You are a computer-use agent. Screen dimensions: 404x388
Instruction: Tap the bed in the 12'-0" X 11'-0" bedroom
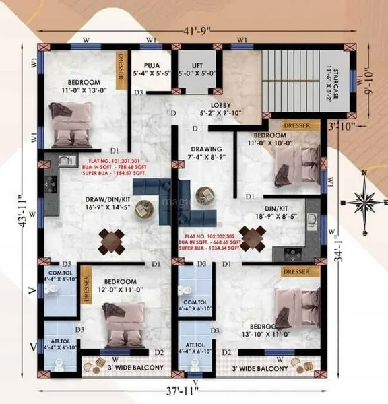click(x=122, y=322)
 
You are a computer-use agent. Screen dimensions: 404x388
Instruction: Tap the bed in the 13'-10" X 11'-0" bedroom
click(x=297, y=308)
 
